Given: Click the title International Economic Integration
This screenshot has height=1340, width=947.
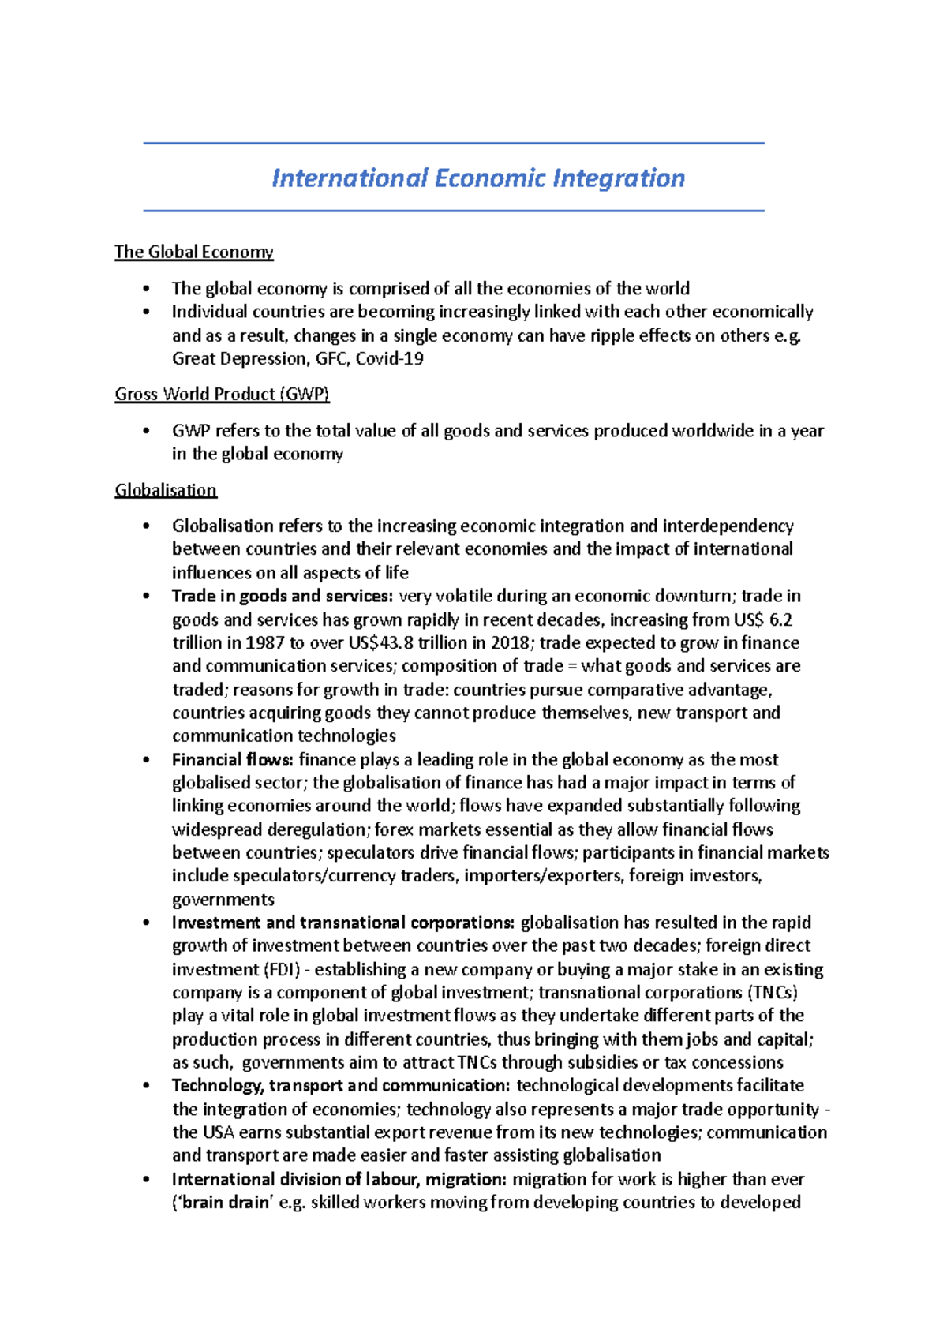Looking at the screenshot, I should pos(477,178).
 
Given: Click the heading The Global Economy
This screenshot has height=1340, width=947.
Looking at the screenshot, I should pos(193,252).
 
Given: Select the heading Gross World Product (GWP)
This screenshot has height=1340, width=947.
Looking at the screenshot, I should pos(222,394).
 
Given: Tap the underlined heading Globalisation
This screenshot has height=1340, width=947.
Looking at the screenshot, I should pos(166,490).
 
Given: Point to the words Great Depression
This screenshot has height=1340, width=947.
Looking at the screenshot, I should pos(239,359).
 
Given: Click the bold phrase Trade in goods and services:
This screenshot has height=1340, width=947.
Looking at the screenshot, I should pos(282,596).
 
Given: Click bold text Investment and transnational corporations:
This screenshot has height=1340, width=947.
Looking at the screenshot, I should pos(343,923).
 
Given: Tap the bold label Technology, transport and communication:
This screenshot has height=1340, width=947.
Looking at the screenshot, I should pos(341,1086).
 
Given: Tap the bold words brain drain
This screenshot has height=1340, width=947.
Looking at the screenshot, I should pos(226,1203).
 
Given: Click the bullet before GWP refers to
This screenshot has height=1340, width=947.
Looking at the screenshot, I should pos(146,432).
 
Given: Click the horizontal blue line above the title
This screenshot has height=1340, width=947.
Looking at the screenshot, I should pos(454,144).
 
